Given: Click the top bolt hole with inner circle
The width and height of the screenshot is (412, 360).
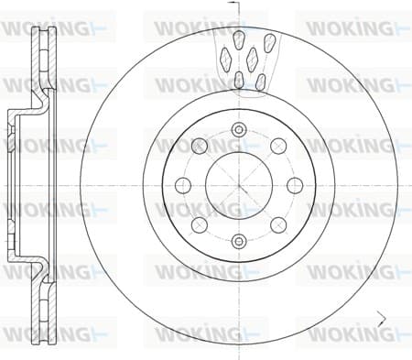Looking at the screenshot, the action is [239, 129].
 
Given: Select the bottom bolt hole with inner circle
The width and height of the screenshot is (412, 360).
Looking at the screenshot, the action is [239, 242].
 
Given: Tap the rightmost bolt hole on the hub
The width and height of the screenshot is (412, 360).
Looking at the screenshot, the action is [295, 185].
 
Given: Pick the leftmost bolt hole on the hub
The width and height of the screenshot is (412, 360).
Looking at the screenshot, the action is [183, 185].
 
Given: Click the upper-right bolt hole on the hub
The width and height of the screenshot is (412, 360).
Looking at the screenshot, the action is [278, 146].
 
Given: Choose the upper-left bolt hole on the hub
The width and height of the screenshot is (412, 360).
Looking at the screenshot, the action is [200, 146].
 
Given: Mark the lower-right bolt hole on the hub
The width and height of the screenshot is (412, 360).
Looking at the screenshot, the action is [278, 225].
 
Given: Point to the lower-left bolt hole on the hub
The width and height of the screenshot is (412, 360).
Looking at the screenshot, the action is [200, 225].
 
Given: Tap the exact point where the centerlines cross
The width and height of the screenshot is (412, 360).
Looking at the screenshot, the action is [239, 185].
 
